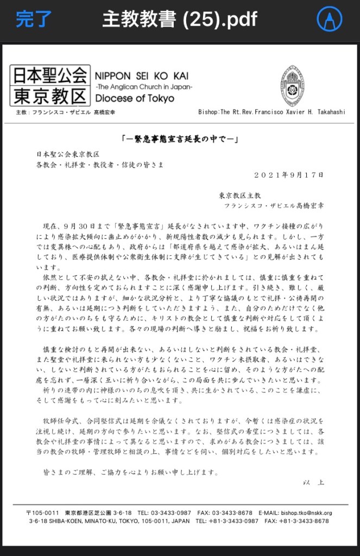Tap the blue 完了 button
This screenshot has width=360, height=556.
tap(34, 20)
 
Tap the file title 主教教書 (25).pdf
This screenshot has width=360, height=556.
tap(180, 20)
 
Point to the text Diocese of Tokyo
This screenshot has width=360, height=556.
tap(135, 98)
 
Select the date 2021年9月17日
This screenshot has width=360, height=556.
tap(288, 175)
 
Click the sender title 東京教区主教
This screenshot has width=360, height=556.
tap(240, 194)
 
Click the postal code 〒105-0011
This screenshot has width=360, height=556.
tap(43, 513)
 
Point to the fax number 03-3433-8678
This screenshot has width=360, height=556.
tap(232, 513)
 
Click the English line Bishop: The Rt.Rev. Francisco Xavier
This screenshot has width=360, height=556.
tap(271, 112)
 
